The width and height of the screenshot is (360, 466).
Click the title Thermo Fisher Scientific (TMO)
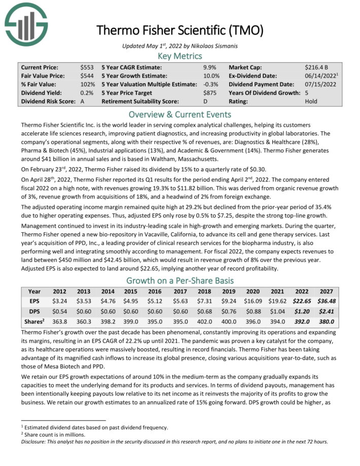[179, 30]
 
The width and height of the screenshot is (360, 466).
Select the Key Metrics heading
[180, 56]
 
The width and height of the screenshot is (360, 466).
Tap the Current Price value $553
[87, 67]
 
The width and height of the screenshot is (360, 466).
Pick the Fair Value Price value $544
[87, 76]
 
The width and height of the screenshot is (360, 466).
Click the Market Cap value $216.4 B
[317, 67]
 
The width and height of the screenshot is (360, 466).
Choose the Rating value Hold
[312, 102]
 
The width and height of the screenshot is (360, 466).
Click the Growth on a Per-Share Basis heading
[180, 280]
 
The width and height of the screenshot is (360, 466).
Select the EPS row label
[34, 301]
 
